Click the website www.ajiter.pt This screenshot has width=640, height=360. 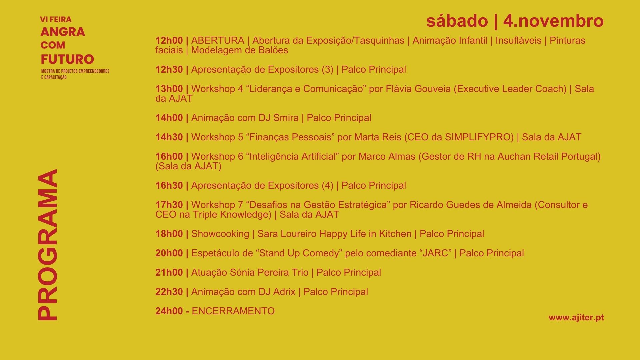[576, 318]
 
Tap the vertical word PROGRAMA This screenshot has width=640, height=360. [47, 245]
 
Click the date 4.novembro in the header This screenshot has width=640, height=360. [553, 21]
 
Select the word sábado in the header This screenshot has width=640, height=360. [457, 21]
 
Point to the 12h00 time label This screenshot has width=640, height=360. [169, 41]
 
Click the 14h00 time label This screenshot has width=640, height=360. [169, 118]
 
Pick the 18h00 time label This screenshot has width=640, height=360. [169, 234]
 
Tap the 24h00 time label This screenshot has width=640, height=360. [169, 311]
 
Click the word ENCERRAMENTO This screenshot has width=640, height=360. [233, 311]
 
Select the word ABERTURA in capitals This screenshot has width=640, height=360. [218, 41]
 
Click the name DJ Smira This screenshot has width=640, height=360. [278, 118]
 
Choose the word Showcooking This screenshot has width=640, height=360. [220, 234]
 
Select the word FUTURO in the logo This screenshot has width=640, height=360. [67, 59]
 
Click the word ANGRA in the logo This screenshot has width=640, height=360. [63, 32]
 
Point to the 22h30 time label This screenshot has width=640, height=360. [169, 292]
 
